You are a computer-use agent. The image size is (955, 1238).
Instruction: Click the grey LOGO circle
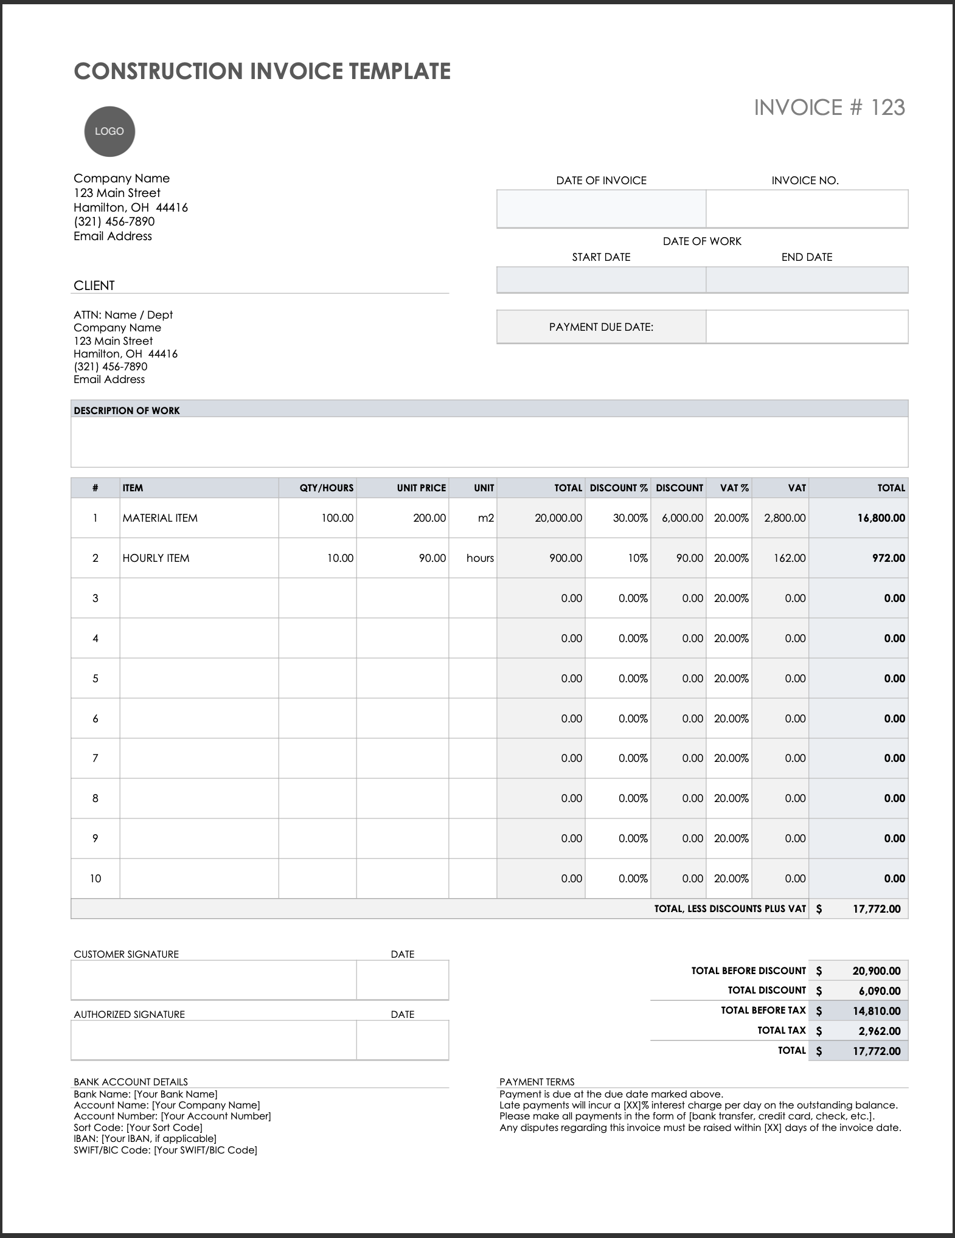(x=109, y=131)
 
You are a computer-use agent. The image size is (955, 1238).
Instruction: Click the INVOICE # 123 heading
(x=829, y=108)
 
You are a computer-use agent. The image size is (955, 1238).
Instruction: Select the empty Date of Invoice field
(x=601, y=209)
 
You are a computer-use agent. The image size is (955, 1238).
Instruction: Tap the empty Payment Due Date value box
(x=807, y=327)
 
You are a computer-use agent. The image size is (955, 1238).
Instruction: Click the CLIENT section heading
(x=94, y=285)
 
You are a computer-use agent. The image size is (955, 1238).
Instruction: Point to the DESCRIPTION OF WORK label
(x=127, y=410)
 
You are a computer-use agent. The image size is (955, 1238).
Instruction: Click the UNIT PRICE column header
(x=421, y=488)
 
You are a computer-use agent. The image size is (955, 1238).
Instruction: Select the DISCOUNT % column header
(x=618, y=488)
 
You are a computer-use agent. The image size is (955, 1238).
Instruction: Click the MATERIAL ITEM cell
(x=160, y=518)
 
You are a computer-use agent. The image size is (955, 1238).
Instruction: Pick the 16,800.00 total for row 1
(x=881, y=518)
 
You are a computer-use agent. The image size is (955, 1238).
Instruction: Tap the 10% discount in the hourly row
(x=637, y=558)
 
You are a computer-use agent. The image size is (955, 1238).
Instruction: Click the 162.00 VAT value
(x=790, y=558)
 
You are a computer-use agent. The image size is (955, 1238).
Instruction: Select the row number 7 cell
(x=95, y=758)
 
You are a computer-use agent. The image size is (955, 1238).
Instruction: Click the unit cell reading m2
(x=485, y=518)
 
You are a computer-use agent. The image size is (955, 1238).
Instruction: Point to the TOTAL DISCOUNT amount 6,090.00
(x=879, y=991)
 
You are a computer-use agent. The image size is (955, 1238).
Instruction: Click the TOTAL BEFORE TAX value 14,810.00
(x=876, y=1011)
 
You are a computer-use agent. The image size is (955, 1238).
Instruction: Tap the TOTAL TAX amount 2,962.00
(x=879, y=1031)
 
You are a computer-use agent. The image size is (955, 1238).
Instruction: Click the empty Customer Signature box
(x=213, y=980)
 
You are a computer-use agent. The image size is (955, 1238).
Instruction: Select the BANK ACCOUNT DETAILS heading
(x=131, y=1082)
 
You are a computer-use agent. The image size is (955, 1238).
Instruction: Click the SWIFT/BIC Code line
(x=165, y=1150)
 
